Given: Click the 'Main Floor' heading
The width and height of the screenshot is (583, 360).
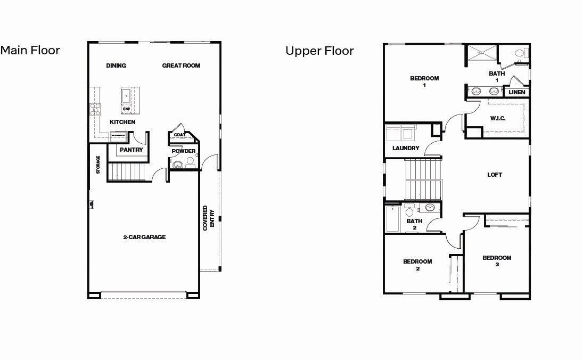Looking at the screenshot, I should click(30, 50).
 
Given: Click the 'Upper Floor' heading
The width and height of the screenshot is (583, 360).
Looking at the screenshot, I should click(319, 51).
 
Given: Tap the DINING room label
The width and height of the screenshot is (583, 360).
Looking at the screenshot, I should click(116, 66).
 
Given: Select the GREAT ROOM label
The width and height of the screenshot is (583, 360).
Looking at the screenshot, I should click(181, 66).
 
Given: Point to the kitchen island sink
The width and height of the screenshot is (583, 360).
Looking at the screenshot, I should click(127, 96).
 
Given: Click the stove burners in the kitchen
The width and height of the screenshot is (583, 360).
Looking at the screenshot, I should click(95, 109).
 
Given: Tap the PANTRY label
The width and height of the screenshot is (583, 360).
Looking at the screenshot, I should click(131, 150).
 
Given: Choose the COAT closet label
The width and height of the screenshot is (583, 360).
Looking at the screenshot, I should click(179, 135).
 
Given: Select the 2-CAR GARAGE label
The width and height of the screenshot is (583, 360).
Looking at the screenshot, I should click(144, 237).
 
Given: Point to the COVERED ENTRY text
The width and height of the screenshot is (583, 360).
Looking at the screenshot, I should click(208, 217).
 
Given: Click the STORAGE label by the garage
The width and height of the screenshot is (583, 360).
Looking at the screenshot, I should click(98, 165).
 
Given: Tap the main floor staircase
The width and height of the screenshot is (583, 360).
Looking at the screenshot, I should click(127, 171).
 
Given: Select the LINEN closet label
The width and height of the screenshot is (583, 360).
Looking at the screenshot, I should click(517, 92).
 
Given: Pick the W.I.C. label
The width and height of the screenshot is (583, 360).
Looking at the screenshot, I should click(498, 118).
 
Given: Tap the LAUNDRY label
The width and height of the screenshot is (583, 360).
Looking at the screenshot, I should click(406, 148).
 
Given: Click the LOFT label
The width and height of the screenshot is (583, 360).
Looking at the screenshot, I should click(495, 175).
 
